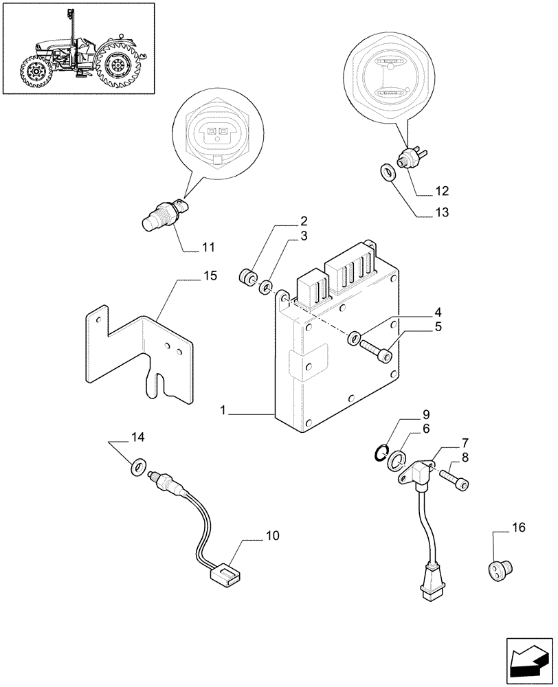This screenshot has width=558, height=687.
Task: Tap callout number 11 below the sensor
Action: pyautogui.click(x=208, y=246)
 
